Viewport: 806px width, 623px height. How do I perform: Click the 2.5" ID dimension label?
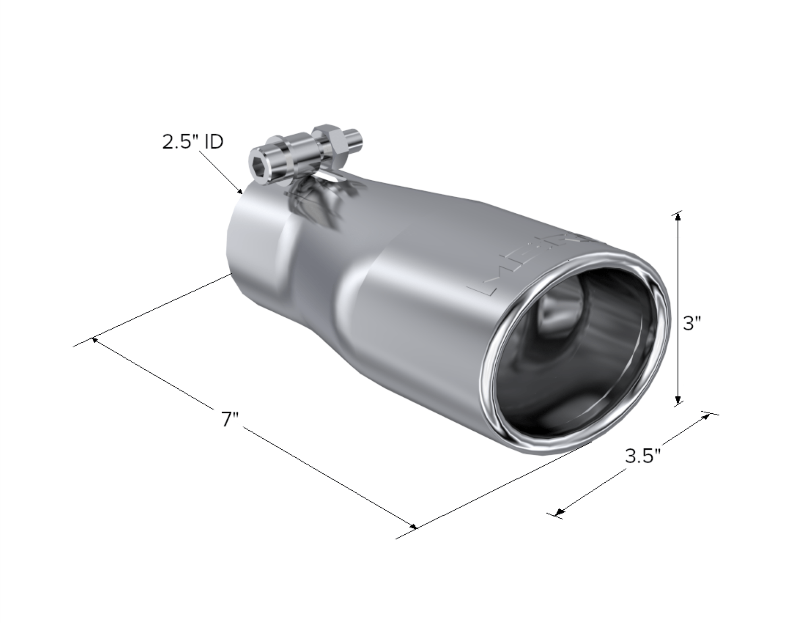(x=193, y=142)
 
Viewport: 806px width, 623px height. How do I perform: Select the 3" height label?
(x=692, y=323)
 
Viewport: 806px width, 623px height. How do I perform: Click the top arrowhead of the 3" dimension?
(x=678, y=216)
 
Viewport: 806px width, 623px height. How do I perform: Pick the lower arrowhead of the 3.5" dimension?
(x=559, y=513)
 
